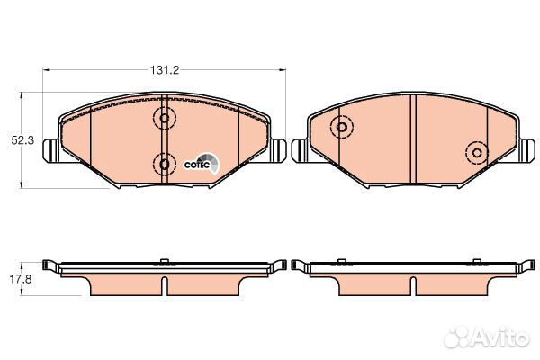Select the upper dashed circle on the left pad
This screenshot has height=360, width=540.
(x=164, y=117)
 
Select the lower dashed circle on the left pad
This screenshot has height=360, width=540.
(x=164, y=163)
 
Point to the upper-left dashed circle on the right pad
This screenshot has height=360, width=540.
(x=341, y=129)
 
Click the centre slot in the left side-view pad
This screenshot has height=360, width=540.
(x=164, y=283)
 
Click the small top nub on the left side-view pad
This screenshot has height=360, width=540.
(x=164, y=261)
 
